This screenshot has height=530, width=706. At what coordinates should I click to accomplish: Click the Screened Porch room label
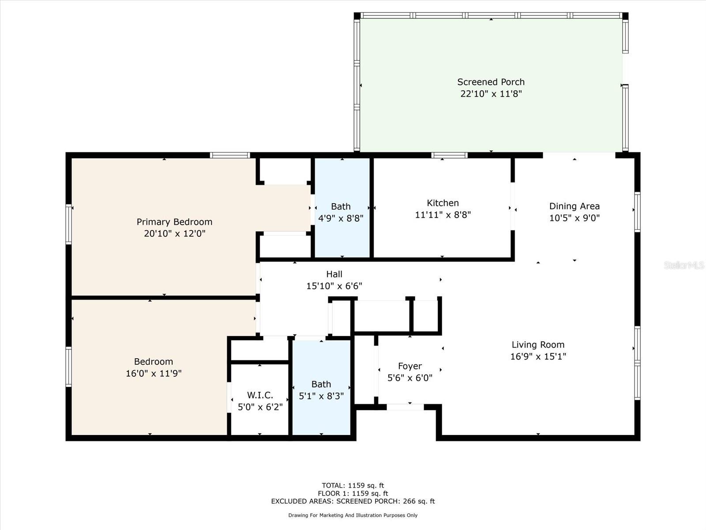(x=491, y=82)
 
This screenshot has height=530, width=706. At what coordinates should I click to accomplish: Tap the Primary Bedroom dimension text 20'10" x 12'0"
(x=175, y=233)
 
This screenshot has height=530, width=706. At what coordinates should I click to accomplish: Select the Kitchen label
(x=443, y=203)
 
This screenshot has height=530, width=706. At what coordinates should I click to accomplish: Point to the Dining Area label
(x=574, y=206)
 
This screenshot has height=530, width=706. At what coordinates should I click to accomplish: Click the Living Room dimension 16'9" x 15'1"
(x=538, y=356)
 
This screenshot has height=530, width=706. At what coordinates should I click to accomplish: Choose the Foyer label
(x=410, y=366)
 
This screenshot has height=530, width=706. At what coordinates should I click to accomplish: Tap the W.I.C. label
(x=260, y=395)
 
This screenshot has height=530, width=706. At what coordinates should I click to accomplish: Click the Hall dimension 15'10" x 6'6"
(x=334, y=286)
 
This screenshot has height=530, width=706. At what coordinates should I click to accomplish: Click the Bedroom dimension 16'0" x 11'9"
(x=154, y=373)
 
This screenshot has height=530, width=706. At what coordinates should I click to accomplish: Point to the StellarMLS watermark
(x=684, y=265)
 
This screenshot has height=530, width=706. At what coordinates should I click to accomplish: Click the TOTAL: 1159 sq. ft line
(x=353, y=485)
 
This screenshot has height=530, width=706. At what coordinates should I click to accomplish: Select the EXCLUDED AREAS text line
(x=353, y=501)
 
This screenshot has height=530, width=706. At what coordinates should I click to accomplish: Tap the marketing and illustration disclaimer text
(x=353, y=515)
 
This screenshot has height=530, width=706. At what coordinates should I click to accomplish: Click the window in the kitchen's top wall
(x=449, y=155)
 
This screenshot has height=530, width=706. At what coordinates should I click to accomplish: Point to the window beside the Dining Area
(x=638, y=212)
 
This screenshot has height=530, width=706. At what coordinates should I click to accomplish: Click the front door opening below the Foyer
(x=405, y=407)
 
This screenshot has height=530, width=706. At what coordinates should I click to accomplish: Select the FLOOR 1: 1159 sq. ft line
(x=353, y=493)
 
